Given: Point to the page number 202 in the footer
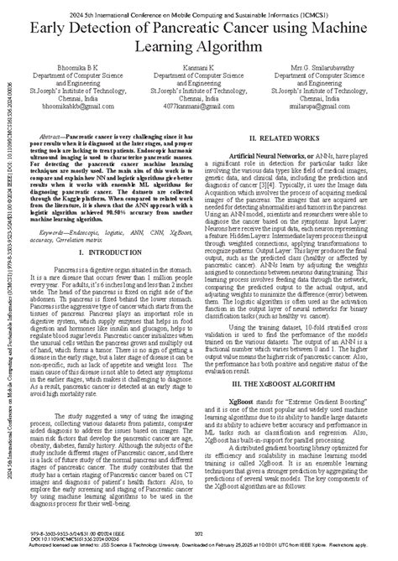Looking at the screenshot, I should point(200,533).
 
